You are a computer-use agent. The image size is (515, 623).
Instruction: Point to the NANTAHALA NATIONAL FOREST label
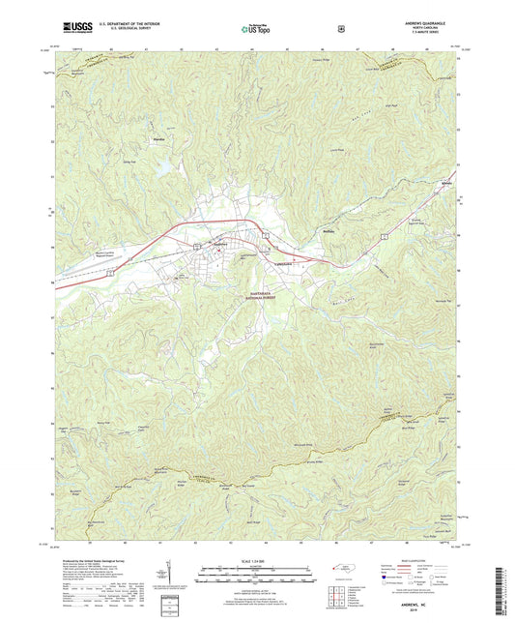tap(256, 297)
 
